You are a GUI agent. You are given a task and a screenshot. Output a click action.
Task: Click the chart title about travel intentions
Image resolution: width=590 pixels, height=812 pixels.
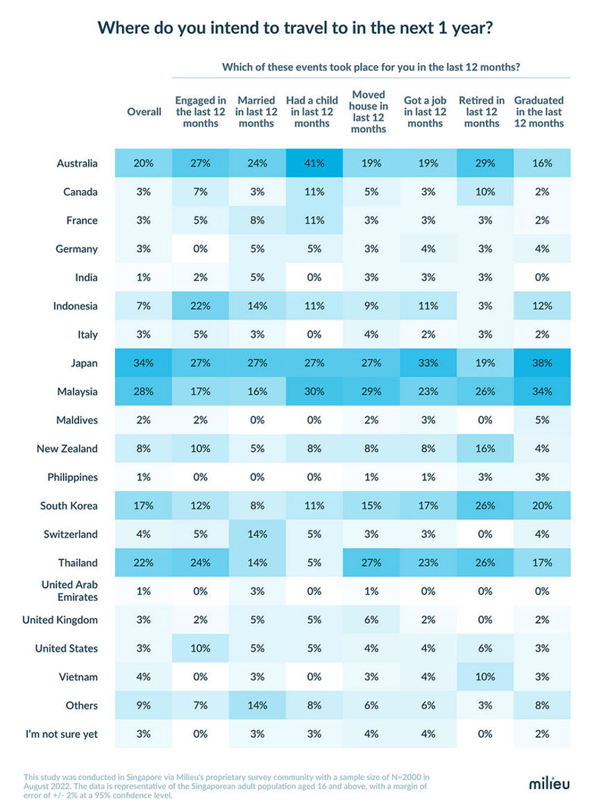point(295,28)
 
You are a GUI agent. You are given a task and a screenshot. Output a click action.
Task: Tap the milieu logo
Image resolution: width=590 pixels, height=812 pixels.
point(548,783)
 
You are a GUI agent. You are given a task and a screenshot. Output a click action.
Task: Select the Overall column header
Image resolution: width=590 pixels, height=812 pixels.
point(144,112)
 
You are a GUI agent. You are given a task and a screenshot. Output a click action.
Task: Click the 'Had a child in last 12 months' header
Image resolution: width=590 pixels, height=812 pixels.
point(312,112)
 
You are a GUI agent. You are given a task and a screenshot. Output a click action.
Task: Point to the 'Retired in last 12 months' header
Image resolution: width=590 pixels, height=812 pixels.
point(482,112)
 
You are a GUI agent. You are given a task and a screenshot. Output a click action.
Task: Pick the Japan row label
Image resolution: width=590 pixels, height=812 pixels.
point(84,363)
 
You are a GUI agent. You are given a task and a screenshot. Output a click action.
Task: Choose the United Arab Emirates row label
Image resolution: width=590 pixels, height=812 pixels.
point(69,591)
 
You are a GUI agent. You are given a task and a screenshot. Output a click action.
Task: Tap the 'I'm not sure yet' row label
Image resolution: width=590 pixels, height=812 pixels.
point(62,734)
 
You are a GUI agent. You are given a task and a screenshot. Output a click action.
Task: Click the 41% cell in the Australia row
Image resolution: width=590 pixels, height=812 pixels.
point(314,163)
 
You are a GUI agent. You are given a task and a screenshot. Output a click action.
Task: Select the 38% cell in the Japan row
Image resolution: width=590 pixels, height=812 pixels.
point(542,363)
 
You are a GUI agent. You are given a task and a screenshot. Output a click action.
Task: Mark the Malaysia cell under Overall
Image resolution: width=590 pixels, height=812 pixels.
point(144,391)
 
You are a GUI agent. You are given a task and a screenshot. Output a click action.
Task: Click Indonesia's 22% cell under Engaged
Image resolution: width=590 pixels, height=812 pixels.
point(201,306)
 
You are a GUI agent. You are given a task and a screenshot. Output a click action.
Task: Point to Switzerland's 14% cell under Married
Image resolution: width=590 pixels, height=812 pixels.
point(258,534)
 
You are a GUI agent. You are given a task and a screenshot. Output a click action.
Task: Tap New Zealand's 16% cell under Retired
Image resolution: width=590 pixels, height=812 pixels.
point(485,448)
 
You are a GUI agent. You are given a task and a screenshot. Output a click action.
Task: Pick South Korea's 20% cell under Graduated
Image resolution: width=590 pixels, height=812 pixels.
point(542,505)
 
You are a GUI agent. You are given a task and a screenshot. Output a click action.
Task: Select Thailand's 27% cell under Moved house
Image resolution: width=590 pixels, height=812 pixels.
point(371,562)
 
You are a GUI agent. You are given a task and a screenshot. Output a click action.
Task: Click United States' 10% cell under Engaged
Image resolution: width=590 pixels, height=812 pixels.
point(201,648)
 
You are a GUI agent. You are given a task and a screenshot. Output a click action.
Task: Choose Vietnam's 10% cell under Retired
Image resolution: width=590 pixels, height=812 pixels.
point(485,677)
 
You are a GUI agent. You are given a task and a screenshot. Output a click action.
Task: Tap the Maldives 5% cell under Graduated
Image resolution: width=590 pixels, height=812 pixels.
point(542,420)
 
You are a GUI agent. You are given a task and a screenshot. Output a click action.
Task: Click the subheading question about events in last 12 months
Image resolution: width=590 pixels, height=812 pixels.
point(371,67)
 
